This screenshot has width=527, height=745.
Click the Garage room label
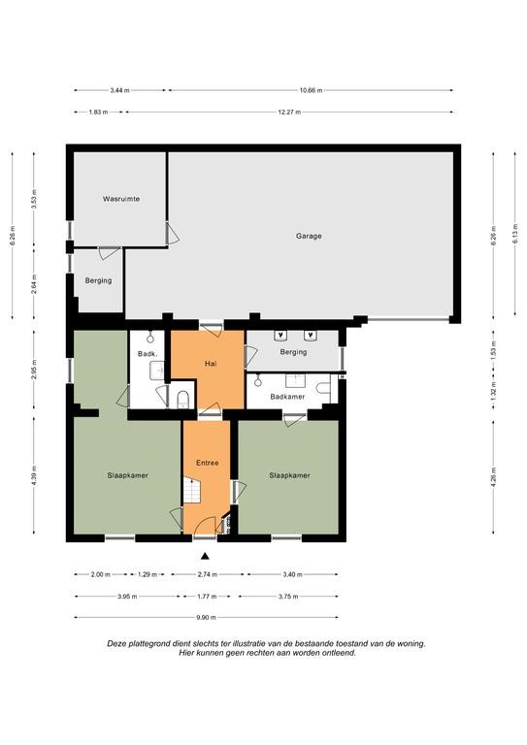click(309, 236)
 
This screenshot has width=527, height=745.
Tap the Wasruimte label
click(121, 199)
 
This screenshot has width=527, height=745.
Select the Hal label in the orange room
click(211, 364)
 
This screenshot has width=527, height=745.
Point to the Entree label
click(207, 463)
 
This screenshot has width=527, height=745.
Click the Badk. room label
click(147, 353)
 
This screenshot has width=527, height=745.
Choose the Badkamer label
click(287, 396)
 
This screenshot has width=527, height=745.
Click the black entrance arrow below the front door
click(205, 556)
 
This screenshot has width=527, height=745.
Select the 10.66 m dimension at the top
click(311, 90)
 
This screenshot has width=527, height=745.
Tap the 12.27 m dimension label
click(289, 113)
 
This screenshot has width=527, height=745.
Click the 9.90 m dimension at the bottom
click(206, 618)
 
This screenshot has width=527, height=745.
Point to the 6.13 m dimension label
click(514, 233)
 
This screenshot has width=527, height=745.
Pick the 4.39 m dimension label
click(34, 475)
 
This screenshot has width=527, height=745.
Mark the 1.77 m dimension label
click(207, 597)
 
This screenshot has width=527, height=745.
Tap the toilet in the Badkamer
click(323, 388)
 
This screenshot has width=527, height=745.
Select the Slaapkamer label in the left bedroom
click(127, 475)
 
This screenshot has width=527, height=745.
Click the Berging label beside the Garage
click(98, 280)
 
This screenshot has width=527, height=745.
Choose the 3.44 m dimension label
click(119, 90)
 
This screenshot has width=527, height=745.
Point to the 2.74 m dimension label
click(207, 574)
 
